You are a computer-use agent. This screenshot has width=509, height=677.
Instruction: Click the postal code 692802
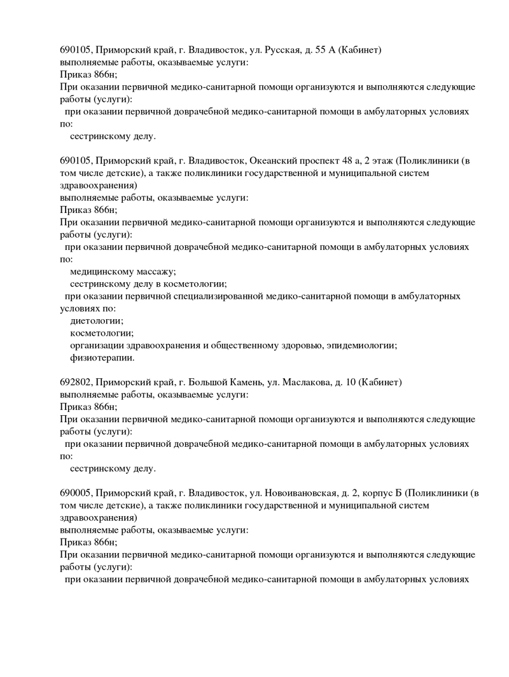coord(76,382)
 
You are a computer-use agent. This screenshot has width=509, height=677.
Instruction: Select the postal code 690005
coord(76,493)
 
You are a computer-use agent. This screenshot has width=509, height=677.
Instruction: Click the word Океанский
coord(275,160)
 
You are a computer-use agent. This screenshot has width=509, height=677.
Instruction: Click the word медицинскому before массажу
coord(101,271)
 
